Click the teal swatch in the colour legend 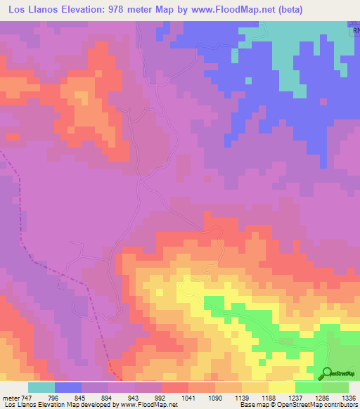coord(41,387)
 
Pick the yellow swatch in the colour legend coord(281,387)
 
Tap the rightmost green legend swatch coord(335,387)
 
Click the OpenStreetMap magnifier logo coord(326,372)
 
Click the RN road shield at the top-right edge coord(354,32)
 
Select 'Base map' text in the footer coord(252,405)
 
